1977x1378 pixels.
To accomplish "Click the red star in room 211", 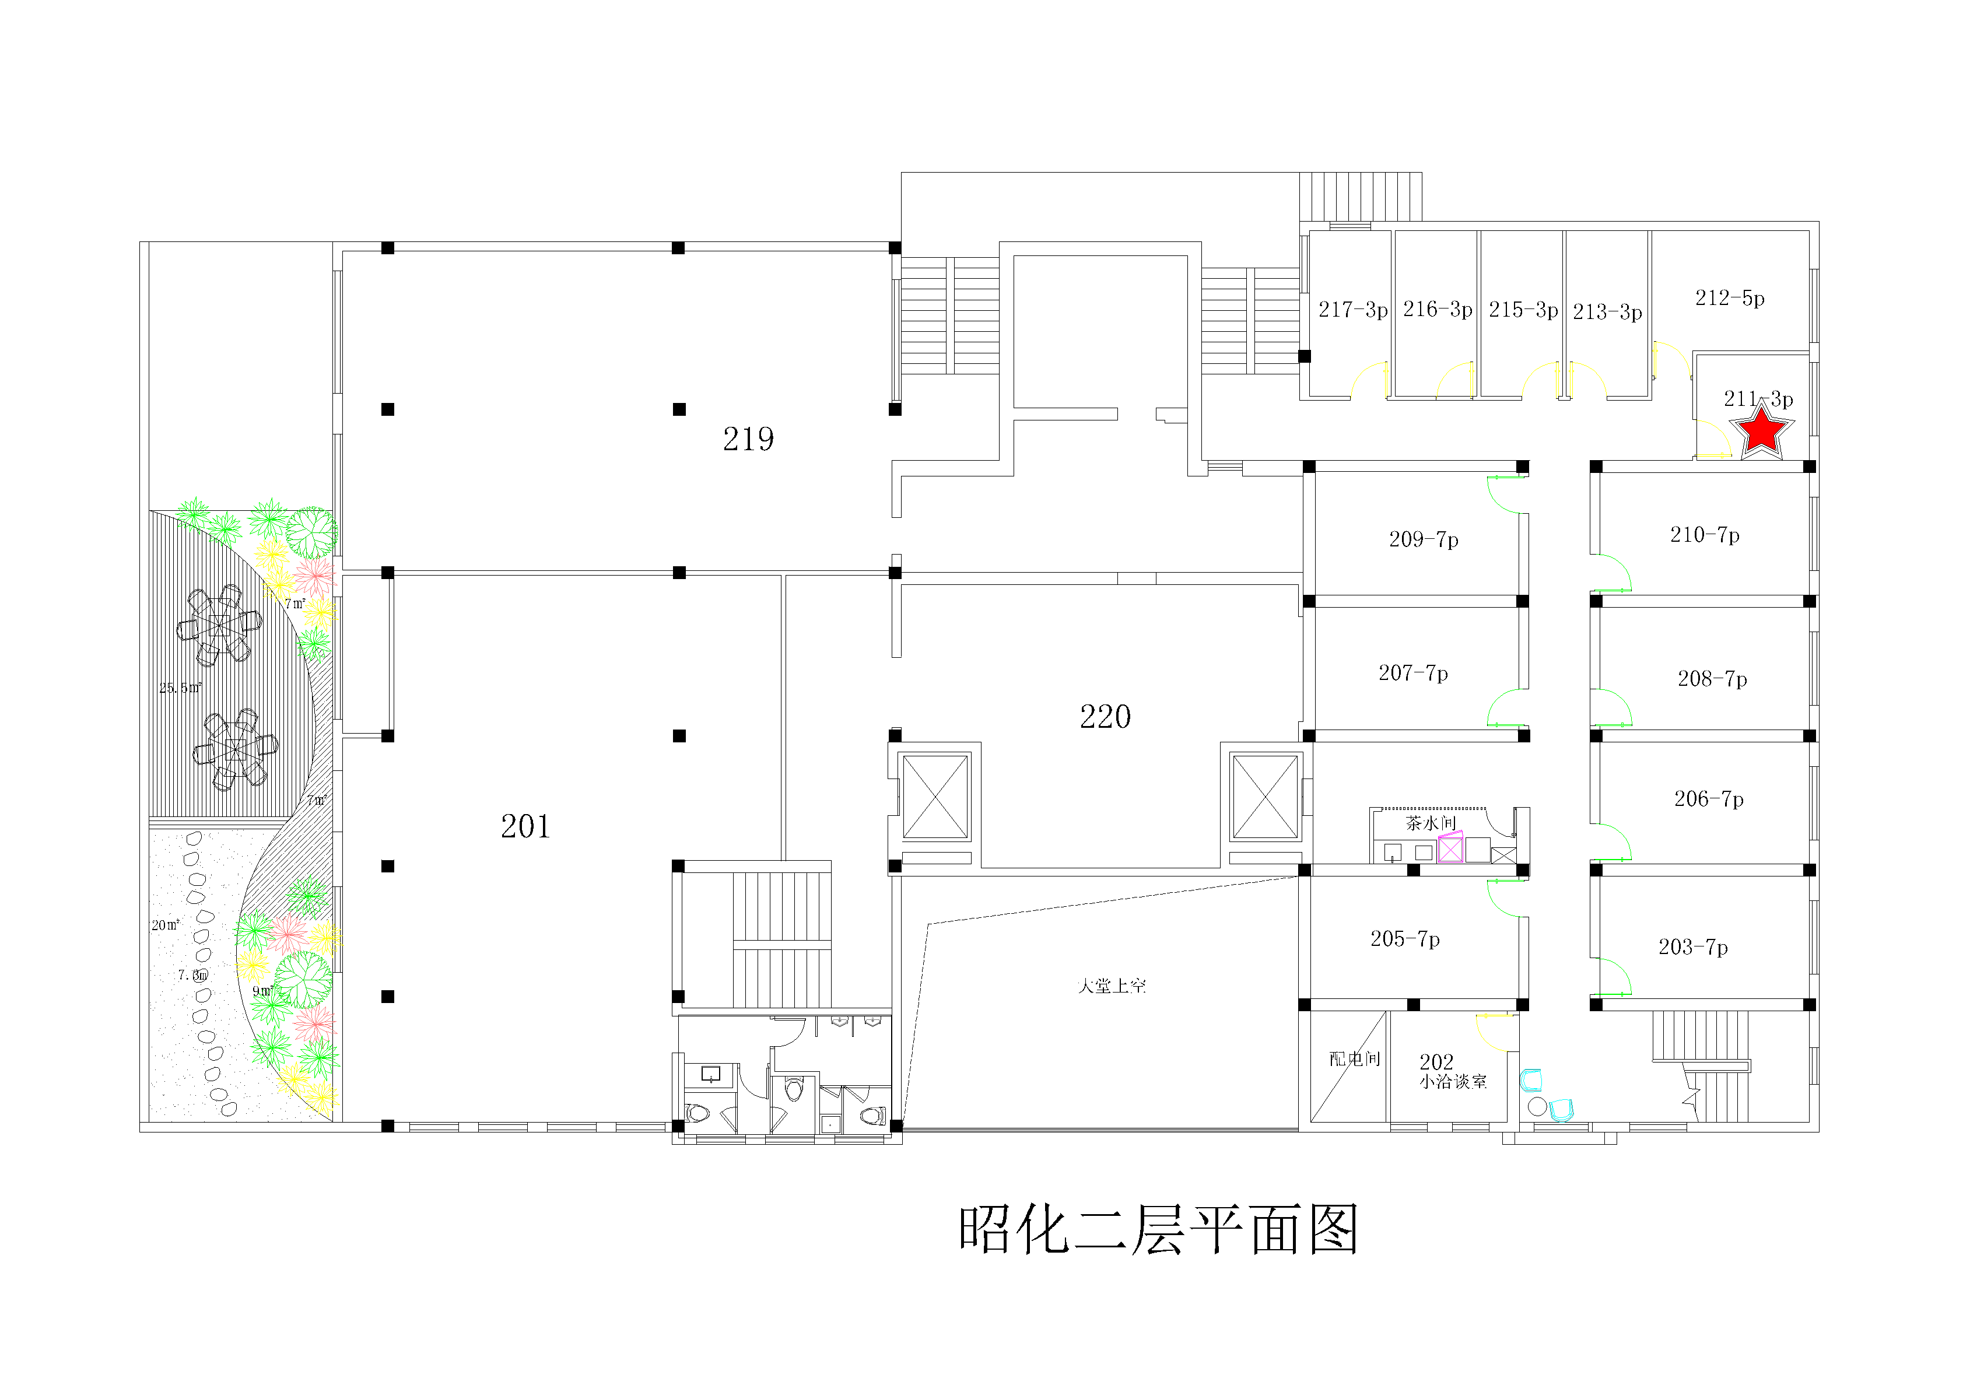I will (x=1762, y=430).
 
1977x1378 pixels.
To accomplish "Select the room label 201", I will (x=525, y=827).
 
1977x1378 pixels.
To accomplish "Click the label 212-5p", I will (x=1730, y=298).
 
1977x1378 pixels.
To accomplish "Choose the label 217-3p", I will (x=1353, y=309).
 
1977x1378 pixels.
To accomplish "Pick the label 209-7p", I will (x=1424, y=539).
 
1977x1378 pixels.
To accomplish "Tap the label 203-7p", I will (x=1693, y=948).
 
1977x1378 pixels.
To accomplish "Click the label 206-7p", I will (x=1708, y=800).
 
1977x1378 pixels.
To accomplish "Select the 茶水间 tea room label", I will (x=1430, y=823).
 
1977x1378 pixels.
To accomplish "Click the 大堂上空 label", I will (x=1112, y=986).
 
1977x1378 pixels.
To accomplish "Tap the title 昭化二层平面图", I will (x=1158, y=1230).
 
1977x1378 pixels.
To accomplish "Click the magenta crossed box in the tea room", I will (x=1450, y=848).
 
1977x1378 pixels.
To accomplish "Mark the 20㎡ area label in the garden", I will (x=165, y=925).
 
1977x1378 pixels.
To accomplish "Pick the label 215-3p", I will (x=1523, y=309).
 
